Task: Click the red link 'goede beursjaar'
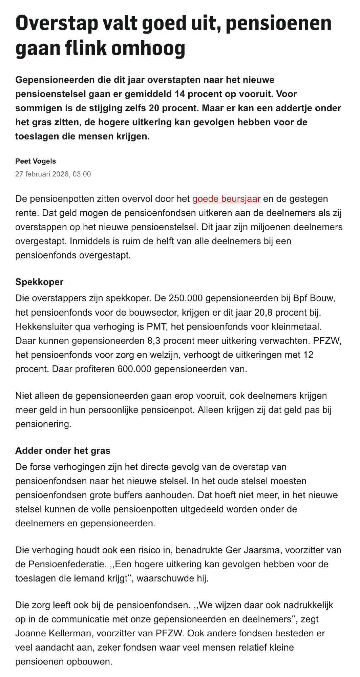(x=226, y=199)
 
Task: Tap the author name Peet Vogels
(x=36, y=161)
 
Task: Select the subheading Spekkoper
(x=39, y=282)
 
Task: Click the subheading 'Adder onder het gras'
(x=63, y=451)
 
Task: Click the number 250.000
(x=186, y=298)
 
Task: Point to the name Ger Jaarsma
(x=253, y=550)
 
